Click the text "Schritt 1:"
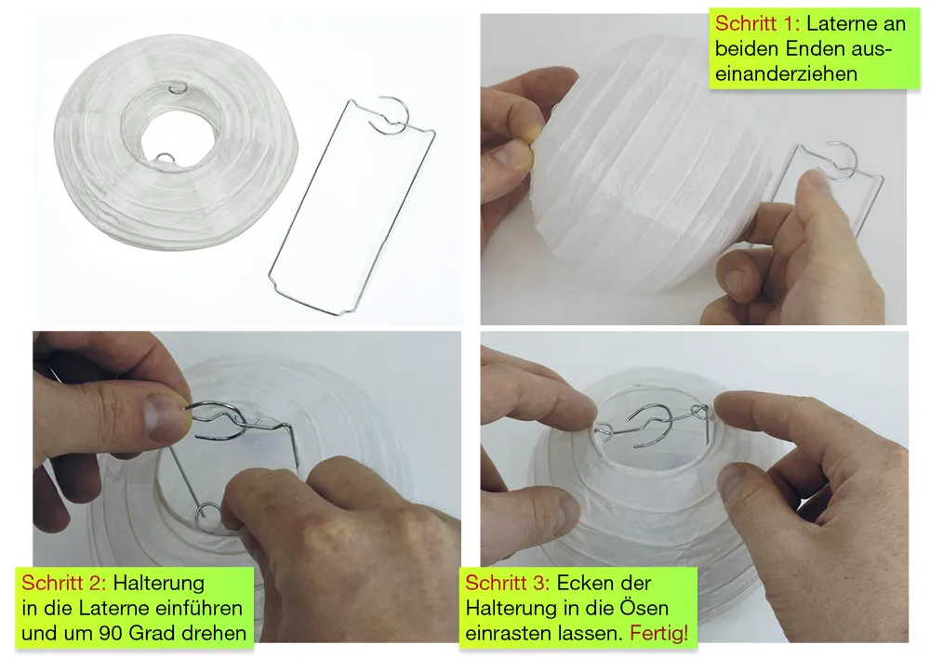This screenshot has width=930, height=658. (757, 24)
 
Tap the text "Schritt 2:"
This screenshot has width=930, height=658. (64, 583)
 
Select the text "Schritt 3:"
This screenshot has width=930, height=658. (508, 583)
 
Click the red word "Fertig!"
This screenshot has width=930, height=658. (659, 633)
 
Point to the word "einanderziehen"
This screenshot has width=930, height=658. (787, 74)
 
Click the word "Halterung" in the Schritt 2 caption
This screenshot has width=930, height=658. (158, 583)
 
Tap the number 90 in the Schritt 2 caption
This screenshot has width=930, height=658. (111, 633)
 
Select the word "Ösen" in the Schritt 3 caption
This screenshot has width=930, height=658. (644, 608)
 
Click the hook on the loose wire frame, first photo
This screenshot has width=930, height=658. (388, 114)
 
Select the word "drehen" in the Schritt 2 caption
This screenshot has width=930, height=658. (214, 633)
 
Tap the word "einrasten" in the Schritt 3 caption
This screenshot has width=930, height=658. (509, 633)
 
